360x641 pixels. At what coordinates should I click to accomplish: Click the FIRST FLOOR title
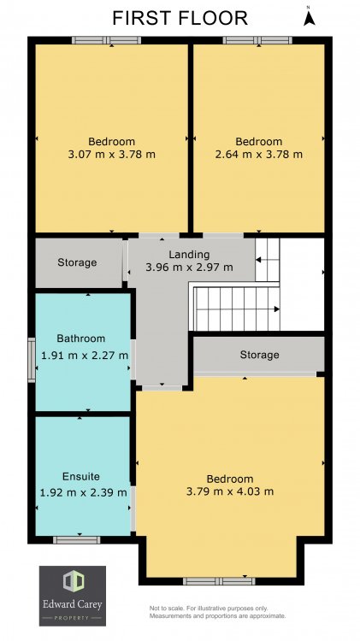click(180, 19)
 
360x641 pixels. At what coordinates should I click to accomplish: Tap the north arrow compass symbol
click(309, 17)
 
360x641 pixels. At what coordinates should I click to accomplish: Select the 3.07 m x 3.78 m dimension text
click(112, 155)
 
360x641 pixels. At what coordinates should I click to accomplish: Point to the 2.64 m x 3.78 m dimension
click(258, 155)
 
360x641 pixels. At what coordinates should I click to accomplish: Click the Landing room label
click(190, 255)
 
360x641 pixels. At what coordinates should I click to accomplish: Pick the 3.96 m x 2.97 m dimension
click(190, 268)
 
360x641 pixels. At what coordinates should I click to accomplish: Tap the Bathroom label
click(81, 338)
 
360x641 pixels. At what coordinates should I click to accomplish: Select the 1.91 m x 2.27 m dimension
click(85, 356)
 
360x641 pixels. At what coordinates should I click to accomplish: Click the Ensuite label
click(81, 477)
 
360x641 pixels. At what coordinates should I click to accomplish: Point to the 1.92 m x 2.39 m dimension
click(84, 492)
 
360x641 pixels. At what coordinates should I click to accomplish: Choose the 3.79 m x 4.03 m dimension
click(230, 491)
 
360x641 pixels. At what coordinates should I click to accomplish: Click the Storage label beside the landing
click(77, 262)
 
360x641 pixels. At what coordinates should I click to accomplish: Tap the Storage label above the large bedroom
click(259, 355)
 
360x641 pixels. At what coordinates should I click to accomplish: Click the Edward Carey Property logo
click(73, 596)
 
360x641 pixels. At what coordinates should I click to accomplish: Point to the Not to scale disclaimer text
click(218, 612)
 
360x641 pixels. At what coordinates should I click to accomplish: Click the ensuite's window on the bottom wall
click(76, 540)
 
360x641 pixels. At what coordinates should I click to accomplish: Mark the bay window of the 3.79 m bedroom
click(219, 581)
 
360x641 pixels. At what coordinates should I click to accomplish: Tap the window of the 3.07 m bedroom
click(106, 40)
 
